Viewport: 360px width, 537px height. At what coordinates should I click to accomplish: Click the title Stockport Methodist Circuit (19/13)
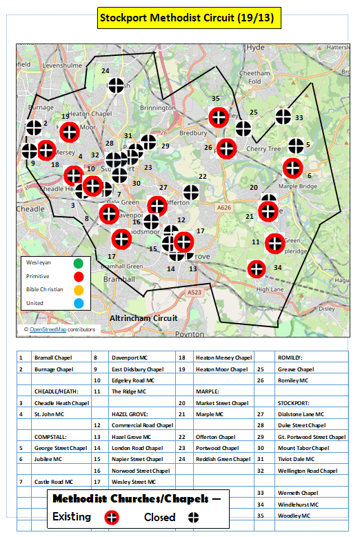pyautogui.click(x=189, y=19)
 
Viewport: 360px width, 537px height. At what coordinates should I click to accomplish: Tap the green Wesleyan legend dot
pyautogui.click(x=78, y=263)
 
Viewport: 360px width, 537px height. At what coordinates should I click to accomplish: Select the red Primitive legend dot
pyautogui.click(x=78, y=276)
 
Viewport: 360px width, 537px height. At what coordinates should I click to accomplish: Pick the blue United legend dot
pyautogui.click(x=78, y=303)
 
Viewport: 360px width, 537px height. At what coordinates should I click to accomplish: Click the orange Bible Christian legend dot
pyautogui.click(x=78, y=289)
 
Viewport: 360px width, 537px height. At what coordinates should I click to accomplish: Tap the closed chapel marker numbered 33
pyautogui.click(x=282, y=117)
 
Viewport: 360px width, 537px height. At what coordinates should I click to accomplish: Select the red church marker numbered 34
pyautogui.click(x=257, y=268)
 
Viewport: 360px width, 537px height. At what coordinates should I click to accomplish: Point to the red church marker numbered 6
pyautogui.click(x=292, y=167)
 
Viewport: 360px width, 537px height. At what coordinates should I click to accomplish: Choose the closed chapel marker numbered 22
pyautogui.click(x=192, y=194)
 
